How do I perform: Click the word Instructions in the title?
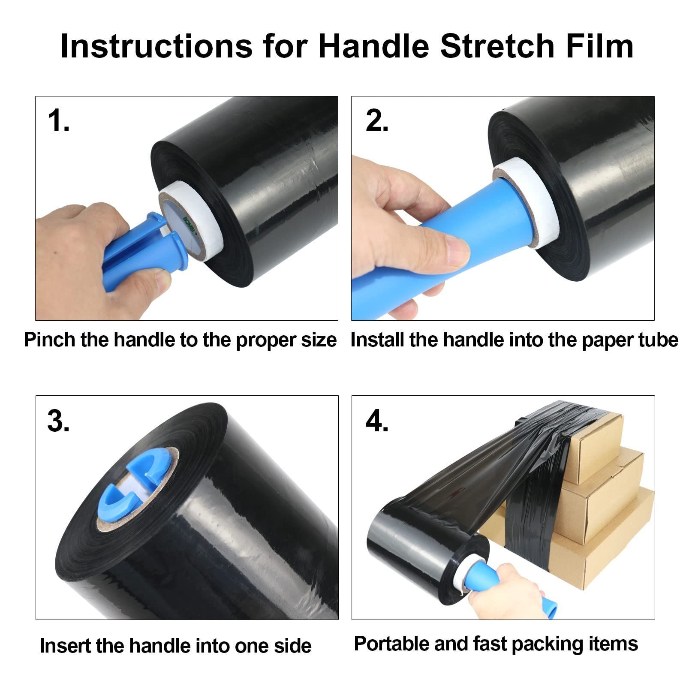click(x=156, y=46)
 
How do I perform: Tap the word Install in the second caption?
click(x=378, y=340)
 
